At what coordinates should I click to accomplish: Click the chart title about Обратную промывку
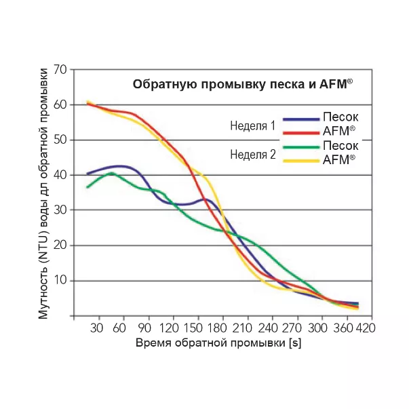pos(244,84)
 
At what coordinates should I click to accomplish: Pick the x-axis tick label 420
pos(366,328)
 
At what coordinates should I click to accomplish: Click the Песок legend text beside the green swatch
pos(340,146)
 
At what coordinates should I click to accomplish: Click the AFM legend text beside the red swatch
pos(340,132)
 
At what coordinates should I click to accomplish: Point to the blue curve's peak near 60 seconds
pos(119,165)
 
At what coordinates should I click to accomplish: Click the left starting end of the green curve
pos(87,187)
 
